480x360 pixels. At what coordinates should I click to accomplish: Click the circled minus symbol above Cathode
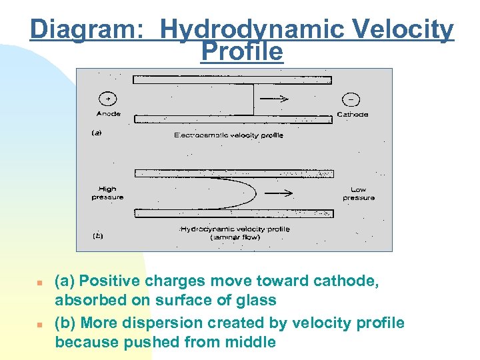click(x=351, y=99)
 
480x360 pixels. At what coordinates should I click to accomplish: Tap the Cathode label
click(x=353, y=114)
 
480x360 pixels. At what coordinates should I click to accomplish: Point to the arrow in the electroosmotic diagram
click(x=274, y=99)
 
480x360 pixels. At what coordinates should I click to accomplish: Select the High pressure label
click(x=107, y=193)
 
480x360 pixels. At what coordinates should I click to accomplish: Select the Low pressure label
click(x=359, y=193)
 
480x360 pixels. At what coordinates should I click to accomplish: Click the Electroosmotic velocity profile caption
click(x=229, y=135)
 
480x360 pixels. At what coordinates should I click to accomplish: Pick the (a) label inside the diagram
click(x=97, y=133)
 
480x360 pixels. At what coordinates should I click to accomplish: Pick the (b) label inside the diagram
click(x=97, y=235)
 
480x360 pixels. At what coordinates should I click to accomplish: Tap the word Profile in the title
click(x=241, y=52)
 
